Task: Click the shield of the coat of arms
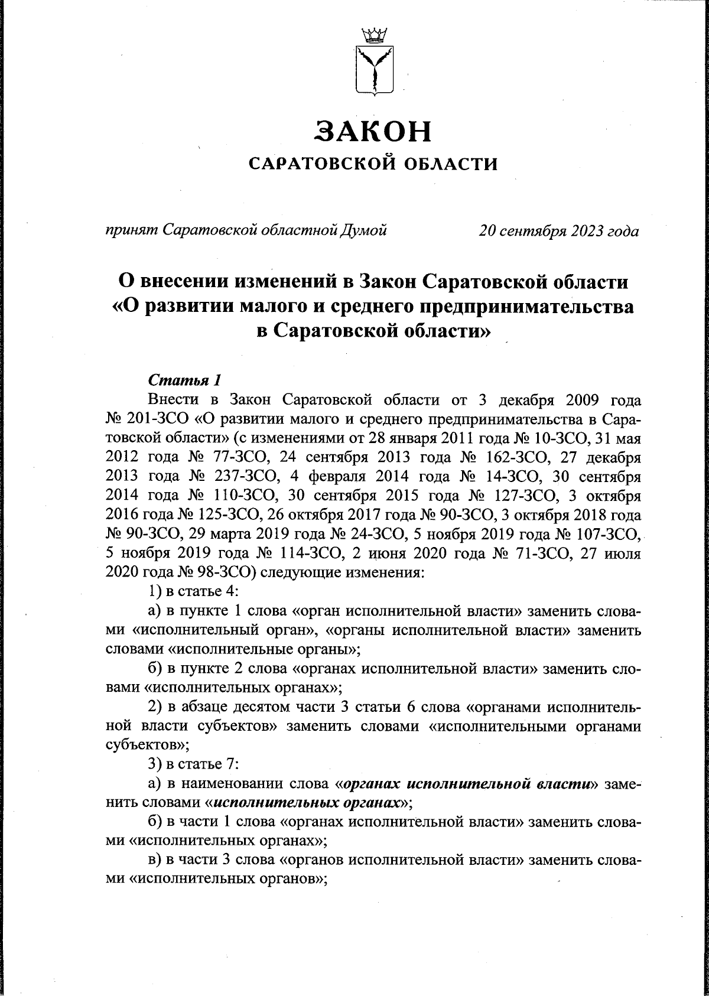click(x=373, y=70)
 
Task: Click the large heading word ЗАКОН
click(x=373, y=131)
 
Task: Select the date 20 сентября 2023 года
click(x=558, y=230)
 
